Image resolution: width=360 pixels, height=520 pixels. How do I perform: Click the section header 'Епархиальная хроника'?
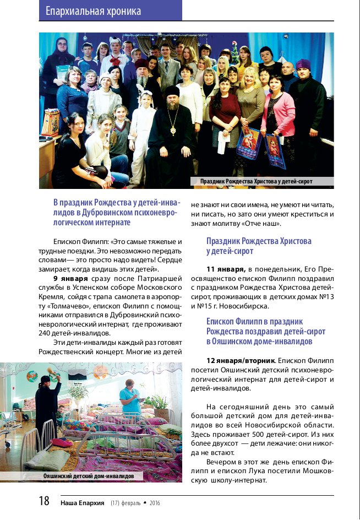click(93, 11)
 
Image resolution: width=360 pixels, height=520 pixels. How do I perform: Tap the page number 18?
click(44, 501)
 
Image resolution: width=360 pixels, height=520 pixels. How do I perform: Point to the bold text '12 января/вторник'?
click(237, 360)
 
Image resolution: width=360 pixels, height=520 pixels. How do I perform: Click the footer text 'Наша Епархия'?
click(82, 502)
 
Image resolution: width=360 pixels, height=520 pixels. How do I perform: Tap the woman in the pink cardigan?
click(279, 110)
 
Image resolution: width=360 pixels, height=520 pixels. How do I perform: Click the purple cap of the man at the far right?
click(303, 64)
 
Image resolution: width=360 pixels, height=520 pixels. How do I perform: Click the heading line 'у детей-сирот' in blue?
click(230, 251)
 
